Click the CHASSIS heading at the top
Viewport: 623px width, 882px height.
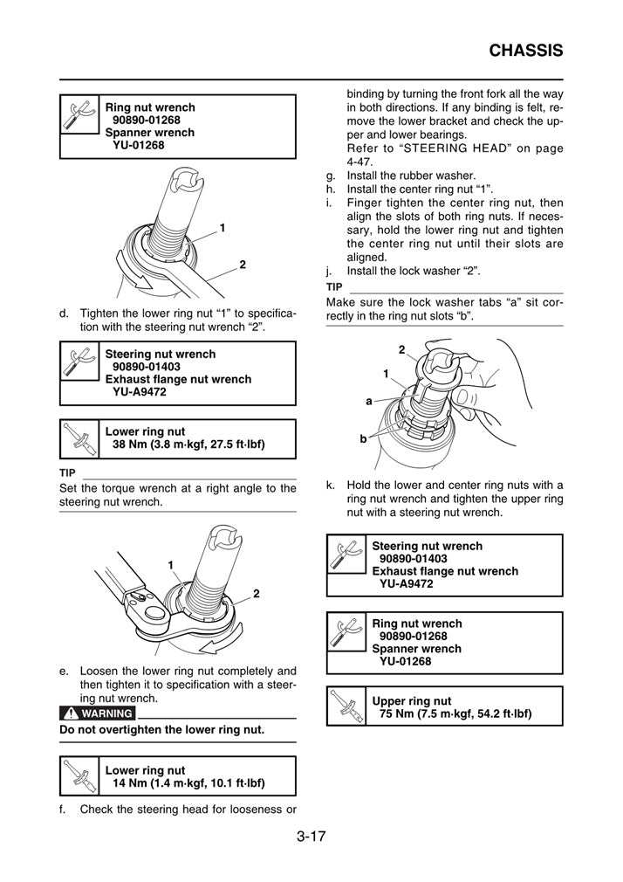(525, 51)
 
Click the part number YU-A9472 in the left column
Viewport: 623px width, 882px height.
(140, 392)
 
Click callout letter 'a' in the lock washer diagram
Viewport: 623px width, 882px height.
(369, 401)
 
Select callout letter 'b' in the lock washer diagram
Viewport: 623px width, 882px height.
(363, 439)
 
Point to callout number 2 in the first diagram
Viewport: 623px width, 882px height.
(242, 265)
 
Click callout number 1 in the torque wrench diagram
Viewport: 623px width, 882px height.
(171, 564)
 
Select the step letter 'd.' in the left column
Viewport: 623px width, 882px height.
(65, 313)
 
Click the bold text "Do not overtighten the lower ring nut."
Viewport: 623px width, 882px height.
(161, 729)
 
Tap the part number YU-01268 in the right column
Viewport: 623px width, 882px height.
(405, 661)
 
